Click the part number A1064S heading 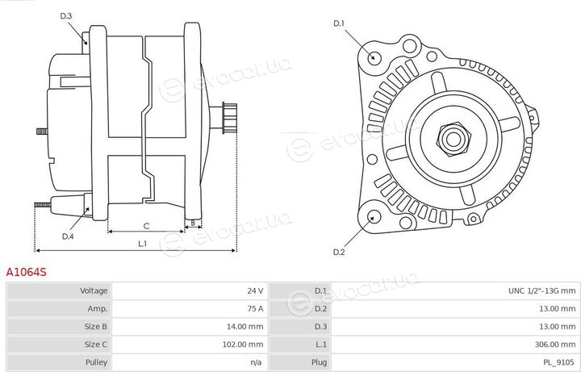pos(26,272)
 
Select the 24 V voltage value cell pos(255,290)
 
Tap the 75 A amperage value pos(255,308)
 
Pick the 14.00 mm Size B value pos(245,327)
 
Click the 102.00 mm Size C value pos(243,345)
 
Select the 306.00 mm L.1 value pos(555,345)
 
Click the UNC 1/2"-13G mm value pos(541,290)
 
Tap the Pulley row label pos(96,362)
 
